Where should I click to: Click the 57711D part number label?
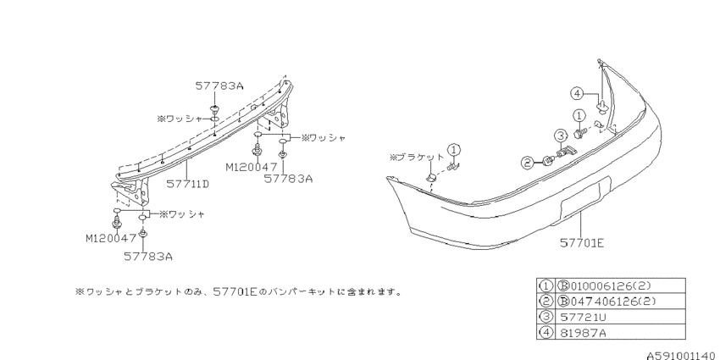tap(187, 184)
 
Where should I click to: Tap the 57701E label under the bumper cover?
tap(582, 242)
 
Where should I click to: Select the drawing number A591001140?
tap(681, 355)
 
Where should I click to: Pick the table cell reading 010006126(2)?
tap(606, 285)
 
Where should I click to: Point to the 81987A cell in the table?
tap(583, 332)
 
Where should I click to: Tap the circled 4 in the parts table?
tap(546, 332)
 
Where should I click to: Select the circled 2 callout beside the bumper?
tap(527, 162)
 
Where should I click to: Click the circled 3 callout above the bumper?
tap(561, 136)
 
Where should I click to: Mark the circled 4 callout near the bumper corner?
tap(577, 94)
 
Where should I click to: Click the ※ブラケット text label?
tap(417, 157)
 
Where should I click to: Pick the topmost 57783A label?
tap(219, 86)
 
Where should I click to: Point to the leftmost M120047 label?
tap(111, 238)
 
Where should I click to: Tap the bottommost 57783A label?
tap(148, 256)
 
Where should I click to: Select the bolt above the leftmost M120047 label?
tap(117, 224)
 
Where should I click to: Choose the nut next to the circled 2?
tap(548, 160)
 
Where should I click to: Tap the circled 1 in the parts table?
tap(546, 285)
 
